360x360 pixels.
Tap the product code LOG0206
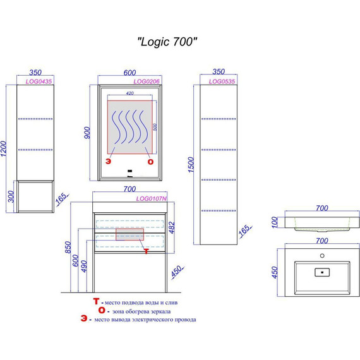tap(145, 81)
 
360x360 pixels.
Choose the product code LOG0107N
tap(152, 199)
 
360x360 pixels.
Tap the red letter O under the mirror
tap(150, 162)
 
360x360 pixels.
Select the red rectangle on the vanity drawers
tap(129, 235)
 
